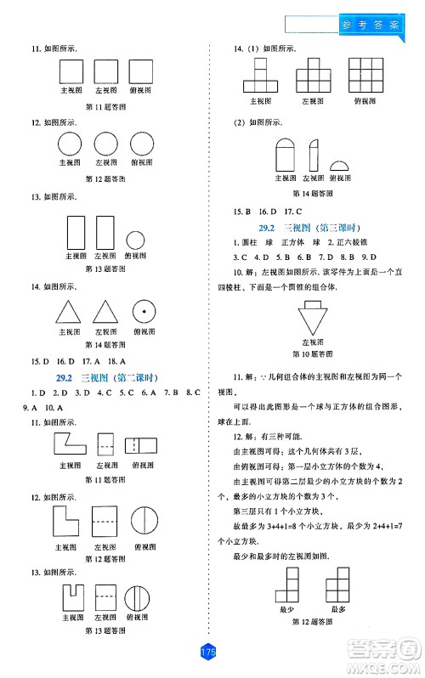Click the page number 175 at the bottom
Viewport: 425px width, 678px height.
point(208,652)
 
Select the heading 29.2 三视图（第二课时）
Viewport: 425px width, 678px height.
point(105,377)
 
